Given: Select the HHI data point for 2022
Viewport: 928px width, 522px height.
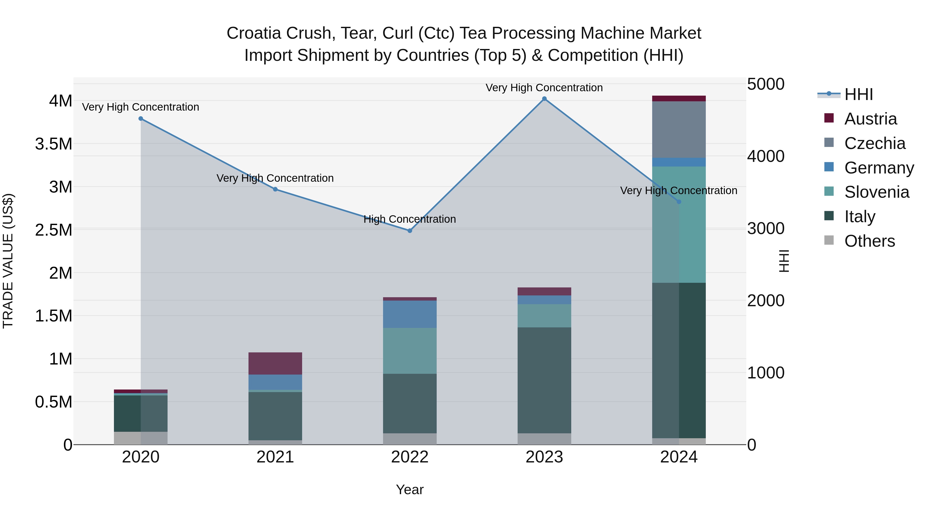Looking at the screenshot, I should coord(410,230).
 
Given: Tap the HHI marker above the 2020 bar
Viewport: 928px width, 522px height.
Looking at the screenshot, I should coord(141,119).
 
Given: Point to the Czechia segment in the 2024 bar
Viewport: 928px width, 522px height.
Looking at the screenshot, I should coord(679,129).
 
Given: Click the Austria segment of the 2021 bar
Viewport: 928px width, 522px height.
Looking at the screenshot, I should coord(275,363).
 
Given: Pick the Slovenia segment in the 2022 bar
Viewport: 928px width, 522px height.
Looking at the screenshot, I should coord(410,351).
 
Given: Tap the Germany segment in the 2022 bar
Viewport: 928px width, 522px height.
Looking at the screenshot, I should coord(410,314).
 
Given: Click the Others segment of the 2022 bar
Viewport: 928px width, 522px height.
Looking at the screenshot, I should coord(410,439).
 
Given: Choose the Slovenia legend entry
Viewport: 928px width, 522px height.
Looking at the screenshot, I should coord(876,192).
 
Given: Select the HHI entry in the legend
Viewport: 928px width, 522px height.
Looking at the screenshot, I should coord(858,94).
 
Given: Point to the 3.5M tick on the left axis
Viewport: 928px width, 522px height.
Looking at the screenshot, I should coord(54,144).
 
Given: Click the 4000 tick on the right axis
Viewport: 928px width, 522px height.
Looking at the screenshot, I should coord(766,156).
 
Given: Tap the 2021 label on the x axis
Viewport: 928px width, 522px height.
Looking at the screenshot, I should coord(275,457).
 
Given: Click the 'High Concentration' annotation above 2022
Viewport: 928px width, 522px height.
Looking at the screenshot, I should coord(410,219).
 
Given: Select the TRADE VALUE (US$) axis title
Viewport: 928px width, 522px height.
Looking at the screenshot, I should coord(8,261).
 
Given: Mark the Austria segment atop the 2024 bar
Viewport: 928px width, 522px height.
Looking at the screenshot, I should coord(679,98).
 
